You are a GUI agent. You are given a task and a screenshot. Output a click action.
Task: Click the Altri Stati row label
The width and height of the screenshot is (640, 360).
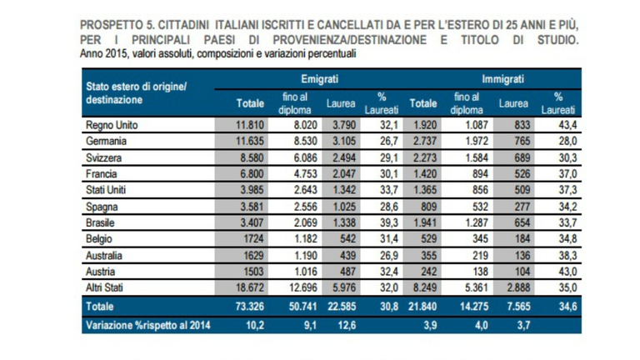(107, 289)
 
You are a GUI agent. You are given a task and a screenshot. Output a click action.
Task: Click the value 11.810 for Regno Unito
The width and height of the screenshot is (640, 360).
(249, 124)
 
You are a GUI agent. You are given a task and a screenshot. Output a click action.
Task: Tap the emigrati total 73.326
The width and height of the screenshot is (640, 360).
(248, 307)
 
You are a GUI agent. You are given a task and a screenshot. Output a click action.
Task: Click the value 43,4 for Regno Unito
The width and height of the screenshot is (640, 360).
(565, 124)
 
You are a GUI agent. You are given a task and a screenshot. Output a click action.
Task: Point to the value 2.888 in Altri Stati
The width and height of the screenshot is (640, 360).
(516, 289)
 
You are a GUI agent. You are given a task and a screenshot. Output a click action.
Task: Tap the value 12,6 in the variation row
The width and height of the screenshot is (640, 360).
(344, 325)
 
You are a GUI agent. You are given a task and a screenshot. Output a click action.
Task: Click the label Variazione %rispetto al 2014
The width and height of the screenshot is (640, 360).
(146, 325)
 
